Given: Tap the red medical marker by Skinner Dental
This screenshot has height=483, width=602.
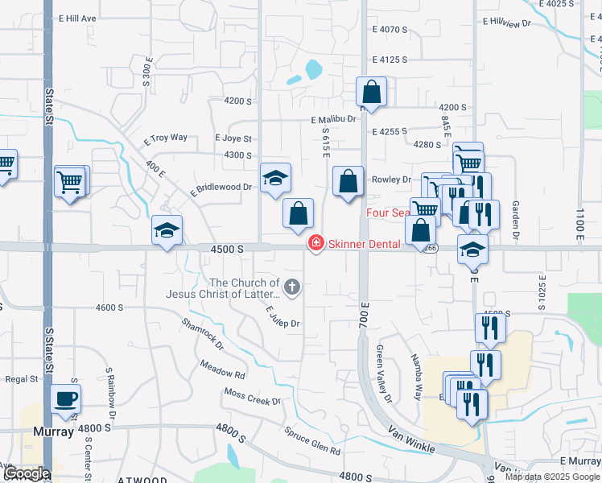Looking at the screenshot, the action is (x=316, y=242).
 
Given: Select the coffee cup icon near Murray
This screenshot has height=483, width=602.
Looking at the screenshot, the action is (x=65, y=398).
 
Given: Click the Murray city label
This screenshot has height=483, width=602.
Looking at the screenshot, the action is (x=54, y=431).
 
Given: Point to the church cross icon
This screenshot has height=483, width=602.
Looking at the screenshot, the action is (x=292, y=286).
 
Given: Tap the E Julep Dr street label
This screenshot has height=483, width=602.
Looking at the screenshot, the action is (x=282, y=317).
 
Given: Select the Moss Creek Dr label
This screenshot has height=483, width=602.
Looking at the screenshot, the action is (x=253, y=397).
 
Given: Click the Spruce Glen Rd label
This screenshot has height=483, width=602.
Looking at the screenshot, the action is (x=312, y=440).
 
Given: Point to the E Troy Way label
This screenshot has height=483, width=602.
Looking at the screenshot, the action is (x=165, y=138).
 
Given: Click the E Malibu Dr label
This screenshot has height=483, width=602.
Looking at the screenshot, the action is (x=334, y=119).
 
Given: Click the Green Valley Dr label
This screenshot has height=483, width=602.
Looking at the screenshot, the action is (x=383, y=374).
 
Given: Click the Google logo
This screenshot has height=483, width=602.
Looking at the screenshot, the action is (x=26, y=473).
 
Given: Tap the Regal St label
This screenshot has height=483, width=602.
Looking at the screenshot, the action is (x=22, y=378).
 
